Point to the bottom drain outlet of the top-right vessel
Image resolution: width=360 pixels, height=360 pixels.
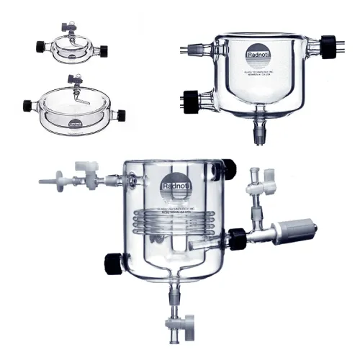click(x=258, y=133)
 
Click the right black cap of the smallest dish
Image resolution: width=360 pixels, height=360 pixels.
click(x=104, y=50)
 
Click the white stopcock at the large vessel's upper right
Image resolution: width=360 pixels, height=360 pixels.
click(x=253, y=190)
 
